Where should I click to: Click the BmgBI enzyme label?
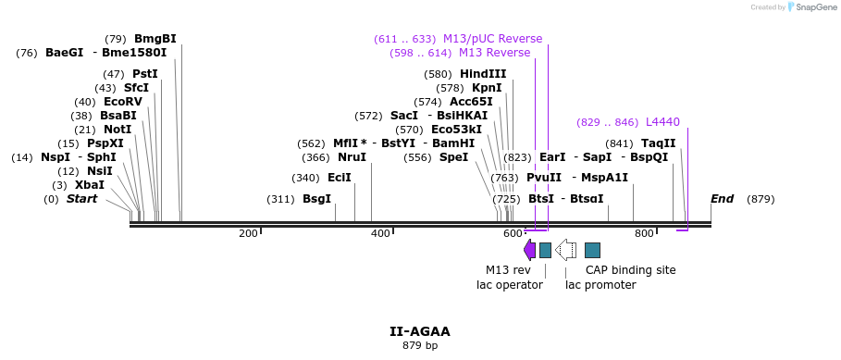click(x=155, y=39)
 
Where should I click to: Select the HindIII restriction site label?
click(x=483, y=74)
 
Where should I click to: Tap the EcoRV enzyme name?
click(x=122, y=102)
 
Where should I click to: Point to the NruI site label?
click(x=351, y=157)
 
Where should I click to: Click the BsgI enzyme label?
click(x=316, y=199)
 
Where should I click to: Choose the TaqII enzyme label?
click(x=658, y=143)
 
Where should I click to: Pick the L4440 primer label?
click(x=662, y=122)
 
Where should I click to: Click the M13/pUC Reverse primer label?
click(x=492, y=39)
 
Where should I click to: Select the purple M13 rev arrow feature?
click(x=529, y=250)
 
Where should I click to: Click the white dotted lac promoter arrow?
click(x=565, y=250)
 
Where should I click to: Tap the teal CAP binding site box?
click(x=592, y=250)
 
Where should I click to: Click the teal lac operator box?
click(x=545, y=250)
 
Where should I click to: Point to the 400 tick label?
click(x=380, y=233)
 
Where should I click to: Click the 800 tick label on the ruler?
click(x=644, y=233)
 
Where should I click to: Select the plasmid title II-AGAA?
click(x=419, y=331)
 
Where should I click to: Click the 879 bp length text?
click(x=419, y=346)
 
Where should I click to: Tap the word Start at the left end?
click(x=81, y=199)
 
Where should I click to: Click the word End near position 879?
click(x=722, y=199)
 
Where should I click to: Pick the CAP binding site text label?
click(x=630, y=270)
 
